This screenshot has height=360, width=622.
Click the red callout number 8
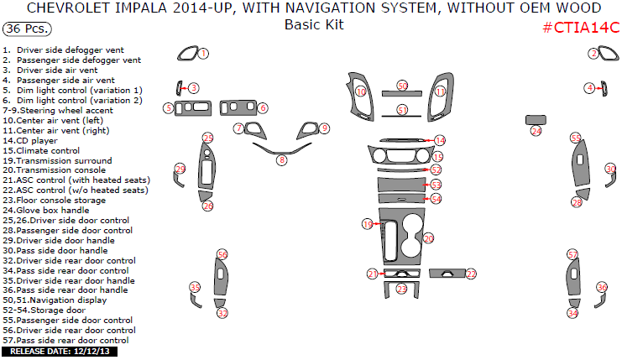[x=282, y=159]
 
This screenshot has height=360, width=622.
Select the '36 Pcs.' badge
[x=26, y=29]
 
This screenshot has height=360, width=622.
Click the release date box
[x=60, y=351]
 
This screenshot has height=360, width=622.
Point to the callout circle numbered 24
[x=536, y=131]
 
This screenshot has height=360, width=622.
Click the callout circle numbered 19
[x=367, y=224]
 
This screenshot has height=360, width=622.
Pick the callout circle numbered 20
[x=428, y=238]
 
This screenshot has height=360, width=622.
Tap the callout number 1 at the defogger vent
[x=203, y=53]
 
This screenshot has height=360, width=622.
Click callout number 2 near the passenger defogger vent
[x=593, y=54]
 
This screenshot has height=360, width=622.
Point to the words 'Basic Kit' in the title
[x=313, y=25]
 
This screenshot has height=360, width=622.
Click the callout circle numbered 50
[x=402, y=86]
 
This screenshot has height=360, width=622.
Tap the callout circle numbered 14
[x=440, y=140]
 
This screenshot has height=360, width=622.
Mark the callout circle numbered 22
[x=471, y=274]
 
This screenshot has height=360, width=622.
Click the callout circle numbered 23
[x=401, y=289]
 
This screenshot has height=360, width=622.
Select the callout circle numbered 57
[x=572, y=254]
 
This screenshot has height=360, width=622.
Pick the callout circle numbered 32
[x=222, y=313]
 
